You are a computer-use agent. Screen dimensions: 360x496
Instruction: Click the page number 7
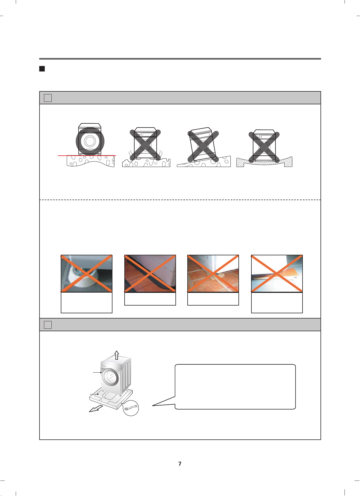click(x=180, y=464)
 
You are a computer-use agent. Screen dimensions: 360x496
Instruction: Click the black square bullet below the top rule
click(x=42, y=69)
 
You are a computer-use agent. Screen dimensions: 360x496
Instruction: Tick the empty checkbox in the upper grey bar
click(x=48, y=98)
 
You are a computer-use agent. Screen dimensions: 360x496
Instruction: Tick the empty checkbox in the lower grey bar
click(x=48, y=325)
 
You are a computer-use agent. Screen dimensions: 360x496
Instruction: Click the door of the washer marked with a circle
click(x=90, y=141)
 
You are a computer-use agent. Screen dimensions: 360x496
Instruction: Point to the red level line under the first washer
click(x=87, y=156)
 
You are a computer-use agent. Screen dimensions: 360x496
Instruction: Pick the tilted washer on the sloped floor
click(x=203, y=145)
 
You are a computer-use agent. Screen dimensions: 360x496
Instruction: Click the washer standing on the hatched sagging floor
click(x=264, y=146)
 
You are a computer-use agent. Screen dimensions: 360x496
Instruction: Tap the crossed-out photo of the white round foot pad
click(x=86, y=274)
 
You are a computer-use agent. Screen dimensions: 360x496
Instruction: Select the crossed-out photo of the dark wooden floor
click(x=150, y=274)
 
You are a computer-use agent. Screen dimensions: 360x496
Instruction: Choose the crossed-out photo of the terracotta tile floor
click(x=213, y=274)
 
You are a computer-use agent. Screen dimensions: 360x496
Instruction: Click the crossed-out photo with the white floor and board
click(x=277, y=274)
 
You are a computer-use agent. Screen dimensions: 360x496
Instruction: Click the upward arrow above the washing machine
click(x=117, y=355)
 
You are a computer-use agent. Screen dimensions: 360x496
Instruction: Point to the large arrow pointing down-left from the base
click(x=96, y=408)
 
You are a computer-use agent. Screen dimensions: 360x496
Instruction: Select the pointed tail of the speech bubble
click(x=153, y=405)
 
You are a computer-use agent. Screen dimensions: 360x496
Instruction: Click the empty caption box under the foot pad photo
click(x=86, y=303)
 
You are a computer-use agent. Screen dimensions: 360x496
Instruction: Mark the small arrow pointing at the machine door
click(x=97, y=373)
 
